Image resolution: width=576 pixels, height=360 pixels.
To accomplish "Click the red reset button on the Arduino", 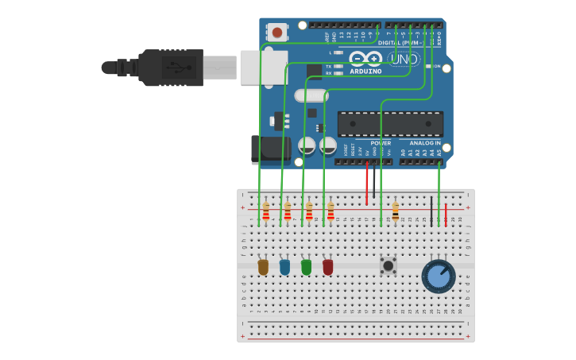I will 276,33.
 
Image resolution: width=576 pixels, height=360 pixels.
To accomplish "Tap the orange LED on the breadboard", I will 263,267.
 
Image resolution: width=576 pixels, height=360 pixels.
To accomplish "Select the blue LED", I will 284,267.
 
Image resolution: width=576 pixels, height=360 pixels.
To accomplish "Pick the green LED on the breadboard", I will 306,267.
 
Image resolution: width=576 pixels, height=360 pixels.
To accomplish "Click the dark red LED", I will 327,267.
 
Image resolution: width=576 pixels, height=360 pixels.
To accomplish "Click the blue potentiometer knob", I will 438,276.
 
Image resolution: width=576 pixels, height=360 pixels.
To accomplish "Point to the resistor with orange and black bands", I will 395,211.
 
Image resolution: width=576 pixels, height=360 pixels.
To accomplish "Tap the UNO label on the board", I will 403,59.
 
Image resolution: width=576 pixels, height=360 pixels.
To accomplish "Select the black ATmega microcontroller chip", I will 390,124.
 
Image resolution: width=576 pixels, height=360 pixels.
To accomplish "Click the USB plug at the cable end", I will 171,68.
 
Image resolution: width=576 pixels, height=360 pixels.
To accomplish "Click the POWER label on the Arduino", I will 381,143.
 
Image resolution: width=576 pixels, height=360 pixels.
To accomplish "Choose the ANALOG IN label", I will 425,143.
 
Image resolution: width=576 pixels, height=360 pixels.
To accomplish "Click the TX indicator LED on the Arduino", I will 339,66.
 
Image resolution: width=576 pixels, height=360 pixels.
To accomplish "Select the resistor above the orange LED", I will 265,211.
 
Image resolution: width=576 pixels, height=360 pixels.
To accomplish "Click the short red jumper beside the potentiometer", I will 446,215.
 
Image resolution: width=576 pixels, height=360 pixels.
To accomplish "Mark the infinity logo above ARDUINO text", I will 365,59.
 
